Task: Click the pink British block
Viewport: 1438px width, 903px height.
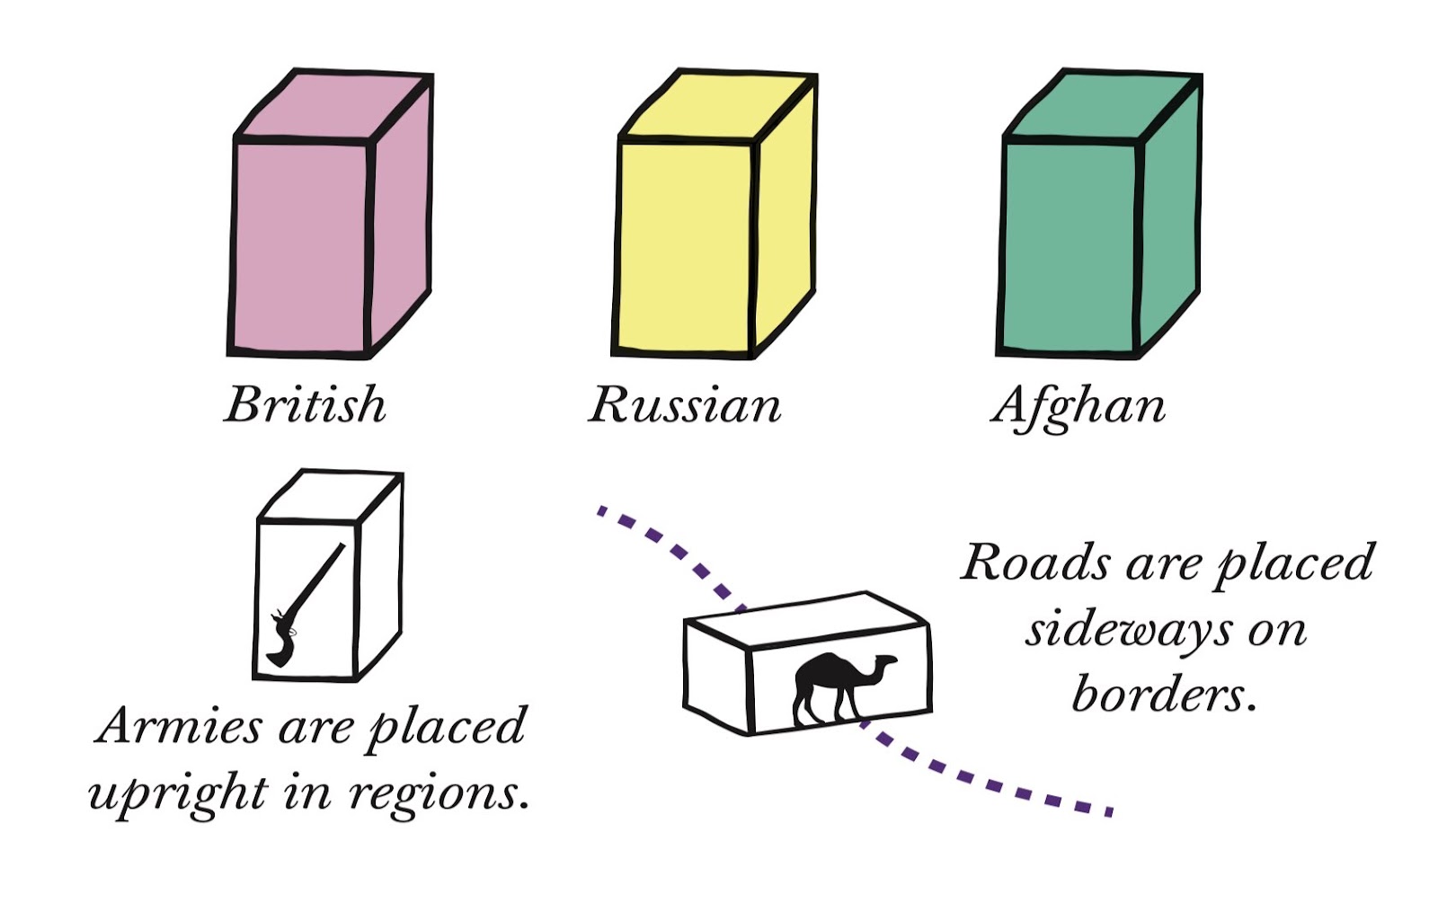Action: click(301, 243)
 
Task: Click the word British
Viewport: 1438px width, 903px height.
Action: click(306, 404)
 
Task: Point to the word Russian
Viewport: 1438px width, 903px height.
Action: click(685, 405)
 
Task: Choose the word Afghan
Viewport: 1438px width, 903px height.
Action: click(1078, 406)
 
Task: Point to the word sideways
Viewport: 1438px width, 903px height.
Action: click(1127, 629)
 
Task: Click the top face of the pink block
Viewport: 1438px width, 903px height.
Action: click(333, 106)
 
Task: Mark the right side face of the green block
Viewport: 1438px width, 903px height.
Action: click(1170, 216)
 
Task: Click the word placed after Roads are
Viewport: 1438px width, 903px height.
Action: click(1294, 564)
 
